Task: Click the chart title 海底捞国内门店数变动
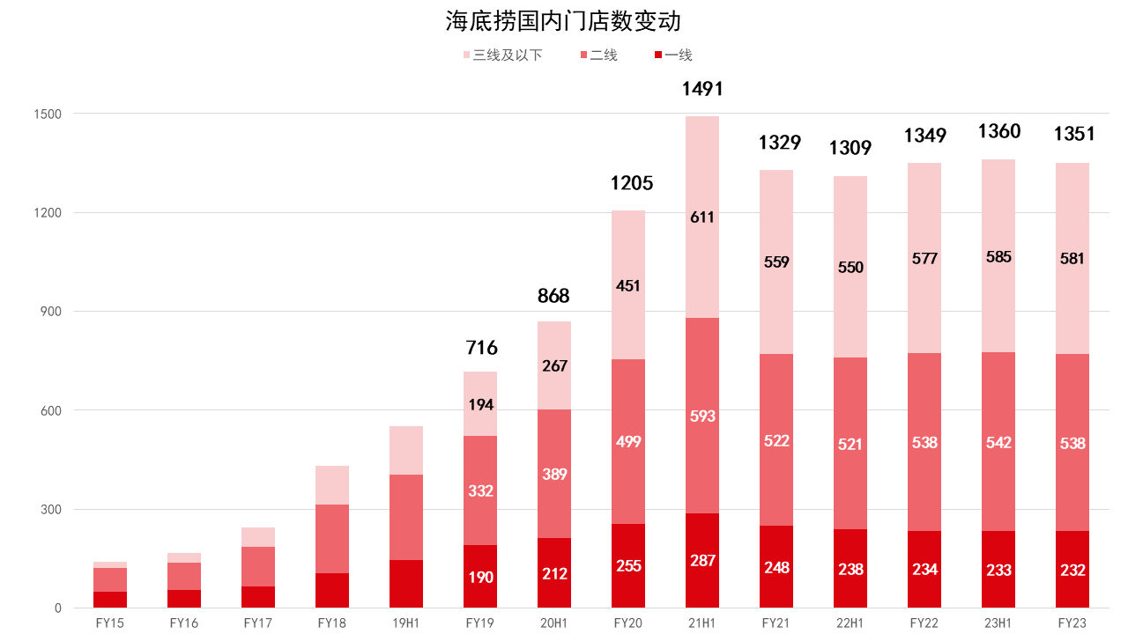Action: (x=563, y=21)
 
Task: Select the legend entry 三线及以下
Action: (x=507, y=55)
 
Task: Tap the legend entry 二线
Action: (x=604, y=55)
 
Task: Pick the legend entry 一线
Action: (x=678, y=55)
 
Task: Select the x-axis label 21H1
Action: (x=702, y=623)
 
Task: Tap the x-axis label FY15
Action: (x=110, y=623)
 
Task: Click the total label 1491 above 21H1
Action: (x=702, y=89)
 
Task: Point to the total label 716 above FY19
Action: (x=481, y=348)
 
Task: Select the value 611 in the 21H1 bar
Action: (x=702, y=217)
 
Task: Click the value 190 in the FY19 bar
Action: (x=481, y=578)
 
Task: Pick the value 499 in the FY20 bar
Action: (x=628, y=442)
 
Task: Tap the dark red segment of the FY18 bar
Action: (x=332, y=590)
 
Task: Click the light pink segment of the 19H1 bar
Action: (x=406, y=450)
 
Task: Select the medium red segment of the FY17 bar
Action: (x=258, y=566)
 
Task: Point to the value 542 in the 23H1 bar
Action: (x=998, y=442)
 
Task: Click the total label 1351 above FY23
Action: (x=1074, y=134)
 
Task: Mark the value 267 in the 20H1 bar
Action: (x=554, y=365)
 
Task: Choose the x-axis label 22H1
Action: (x=850, y=623)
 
